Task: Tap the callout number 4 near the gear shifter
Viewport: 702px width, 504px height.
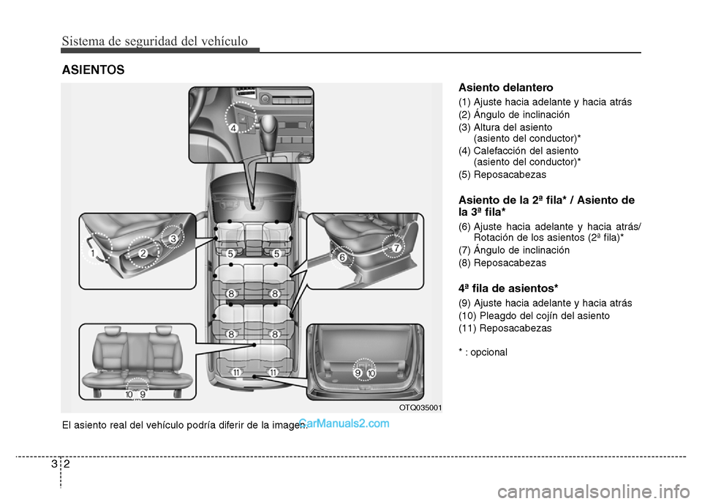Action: coord(234,128)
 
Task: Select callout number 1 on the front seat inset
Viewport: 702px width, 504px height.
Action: coord(93,253)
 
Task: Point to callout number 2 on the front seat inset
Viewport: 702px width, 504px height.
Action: coord(143,252)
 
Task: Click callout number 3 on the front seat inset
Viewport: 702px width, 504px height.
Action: coord(174,239)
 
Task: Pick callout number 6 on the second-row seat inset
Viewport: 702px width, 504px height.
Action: coord(341,257)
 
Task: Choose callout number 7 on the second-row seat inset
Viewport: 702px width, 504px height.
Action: coord(396,248)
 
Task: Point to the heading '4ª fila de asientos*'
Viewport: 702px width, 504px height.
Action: coord(508,287)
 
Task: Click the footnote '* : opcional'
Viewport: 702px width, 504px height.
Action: coord(483,352)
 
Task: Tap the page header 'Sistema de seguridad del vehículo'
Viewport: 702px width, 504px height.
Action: coord(154,41)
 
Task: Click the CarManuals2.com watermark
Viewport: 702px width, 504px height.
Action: coord(344,422)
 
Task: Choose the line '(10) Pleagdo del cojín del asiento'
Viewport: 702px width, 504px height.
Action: coord(534,315)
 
